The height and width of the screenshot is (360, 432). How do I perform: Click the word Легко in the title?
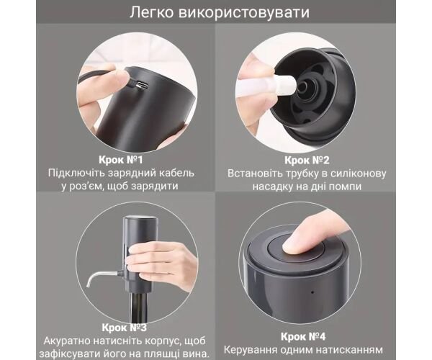coord(151,13)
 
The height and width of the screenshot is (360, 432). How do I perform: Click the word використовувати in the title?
coord(244,13)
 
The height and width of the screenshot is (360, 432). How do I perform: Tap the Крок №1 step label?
coord(121,160)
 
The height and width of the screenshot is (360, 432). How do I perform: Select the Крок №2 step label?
coord(307,161)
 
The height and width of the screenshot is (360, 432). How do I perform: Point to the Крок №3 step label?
coord(124,328)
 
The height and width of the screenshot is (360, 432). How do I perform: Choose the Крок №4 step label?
coord(303,336)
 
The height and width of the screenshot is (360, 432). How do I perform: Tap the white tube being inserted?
coord(264,85)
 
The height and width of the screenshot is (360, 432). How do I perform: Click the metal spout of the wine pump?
coord(102,276)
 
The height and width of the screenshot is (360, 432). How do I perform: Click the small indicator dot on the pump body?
coord(312,292)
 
